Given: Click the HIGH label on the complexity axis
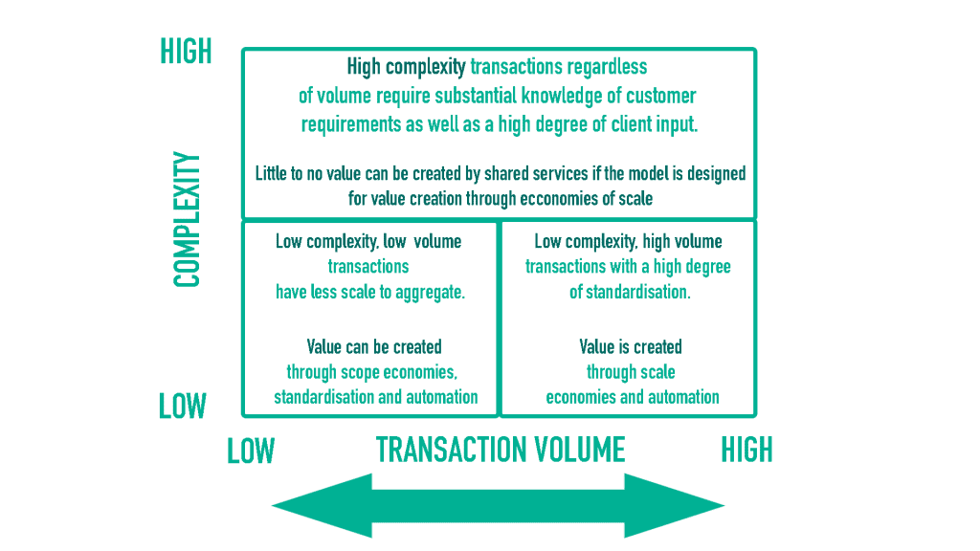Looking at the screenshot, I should click(186, 52).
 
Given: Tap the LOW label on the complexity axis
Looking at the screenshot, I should click(183, 407).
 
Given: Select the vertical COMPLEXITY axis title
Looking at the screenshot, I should click(187, 220).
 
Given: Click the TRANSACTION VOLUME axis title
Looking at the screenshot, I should click(501, 450).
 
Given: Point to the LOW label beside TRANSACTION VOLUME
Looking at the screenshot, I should click(251, 451).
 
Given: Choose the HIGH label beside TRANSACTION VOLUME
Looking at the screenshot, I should click(746, 450).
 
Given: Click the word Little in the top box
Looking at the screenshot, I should click(275, 174).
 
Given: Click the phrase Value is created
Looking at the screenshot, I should click(631, 346).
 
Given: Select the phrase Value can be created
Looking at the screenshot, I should click(374, 346).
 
